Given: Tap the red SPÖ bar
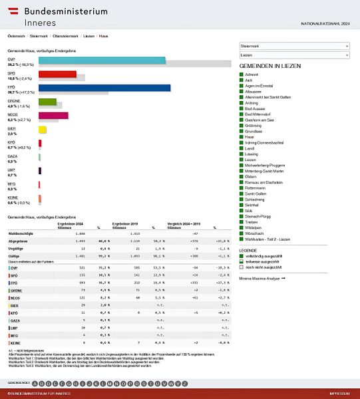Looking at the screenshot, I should pos(57,74).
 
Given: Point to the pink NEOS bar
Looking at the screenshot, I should pos(53,115).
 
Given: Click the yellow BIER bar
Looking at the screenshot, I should pos(42,129).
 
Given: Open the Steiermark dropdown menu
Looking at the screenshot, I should pos(293,46).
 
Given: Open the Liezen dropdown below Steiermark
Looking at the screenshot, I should pos(293,55).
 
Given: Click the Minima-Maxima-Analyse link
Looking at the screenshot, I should pos(262,278).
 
